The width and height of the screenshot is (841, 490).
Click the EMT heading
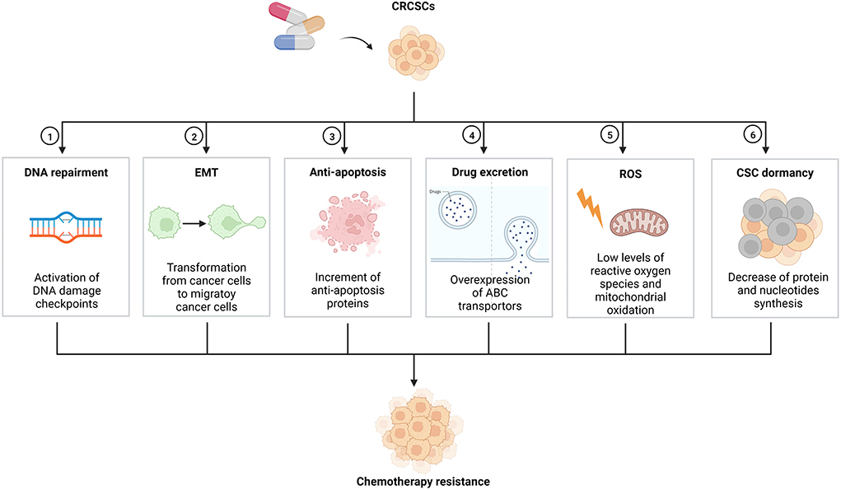click(x=206, y=173)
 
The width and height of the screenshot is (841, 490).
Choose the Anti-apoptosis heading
click(x=347, y=173)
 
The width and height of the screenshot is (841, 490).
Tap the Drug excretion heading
click(x=489, y=173)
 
